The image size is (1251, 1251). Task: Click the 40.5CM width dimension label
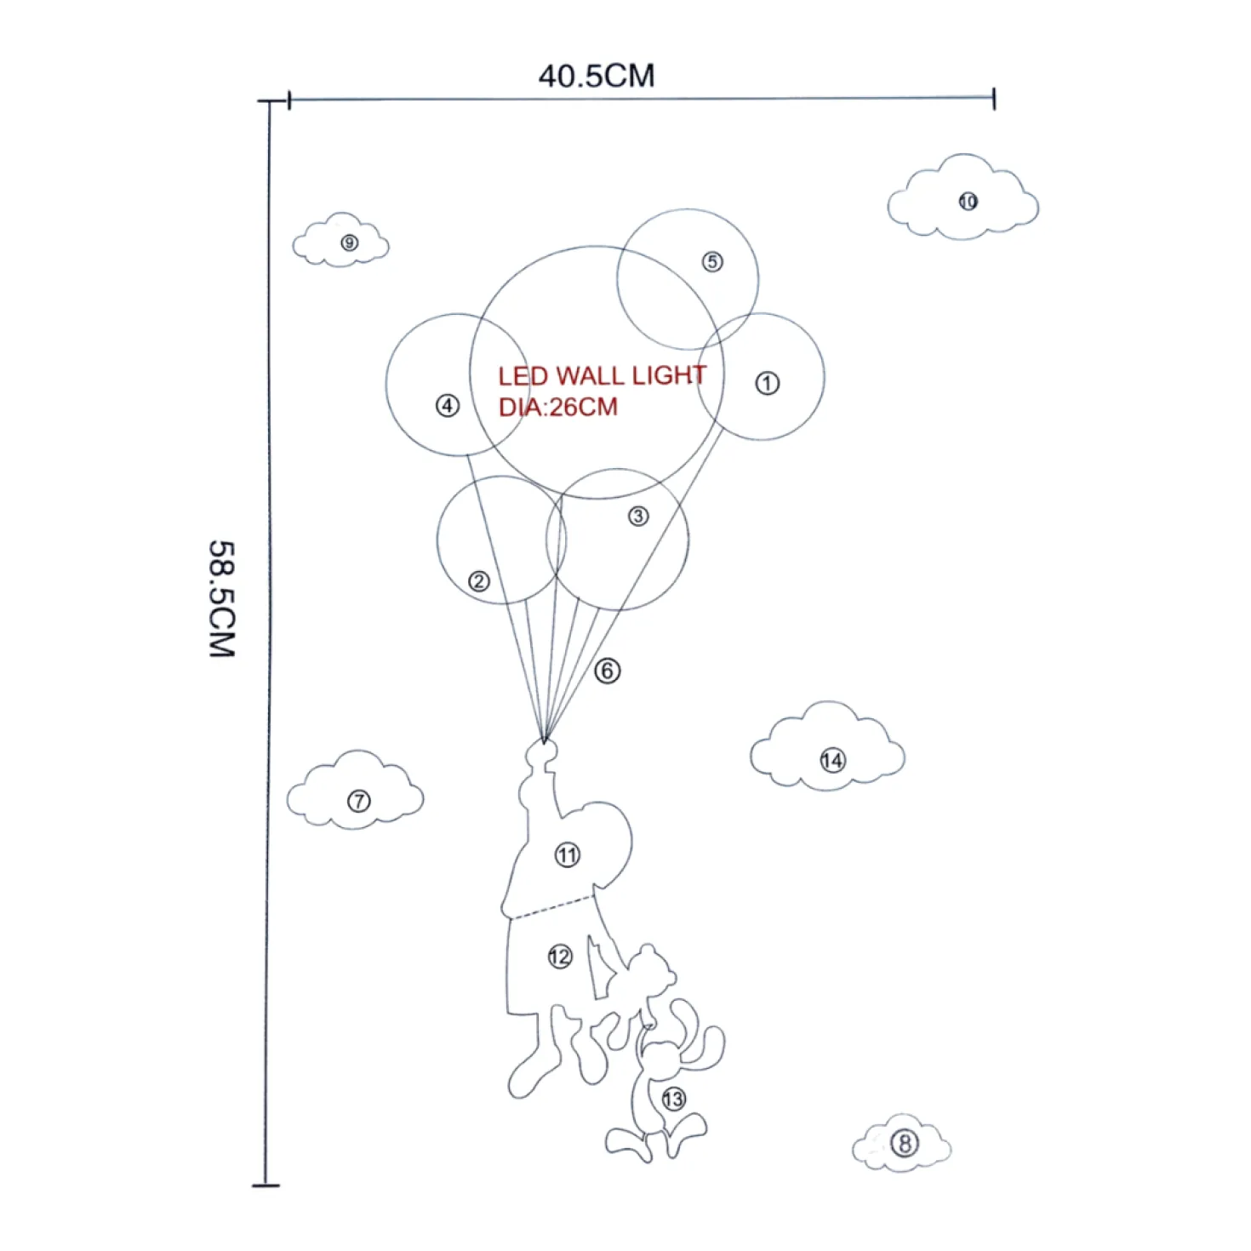click(596, 76)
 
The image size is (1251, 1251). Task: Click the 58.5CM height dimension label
click(222, 598)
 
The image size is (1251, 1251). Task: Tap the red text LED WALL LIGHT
click(602, 375)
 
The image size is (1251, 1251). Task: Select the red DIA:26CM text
click(557, 407)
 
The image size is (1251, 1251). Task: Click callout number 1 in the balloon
click(767, 383)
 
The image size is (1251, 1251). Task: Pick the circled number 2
click(479, 581)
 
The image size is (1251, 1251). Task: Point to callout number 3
click(638, 516)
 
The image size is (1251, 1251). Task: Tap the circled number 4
click(448, 407)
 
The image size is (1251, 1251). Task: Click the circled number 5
click(712, 261)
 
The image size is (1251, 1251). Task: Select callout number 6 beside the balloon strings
click(608, 671)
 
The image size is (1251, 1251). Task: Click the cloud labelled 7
click(355, 790)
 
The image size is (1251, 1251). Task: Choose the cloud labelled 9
click(340, 239)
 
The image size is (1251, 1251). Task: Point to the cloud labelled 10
click(963, 197)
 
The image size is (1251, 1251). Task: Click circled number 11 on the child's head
click(567, 855)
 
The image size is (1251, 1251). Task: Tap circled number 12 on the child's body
click(560, 957)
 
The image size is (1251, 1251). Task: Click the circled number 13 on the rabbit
click(673, 1099)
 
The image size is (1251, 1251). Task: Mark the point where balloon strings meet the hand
click(544, 740)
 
